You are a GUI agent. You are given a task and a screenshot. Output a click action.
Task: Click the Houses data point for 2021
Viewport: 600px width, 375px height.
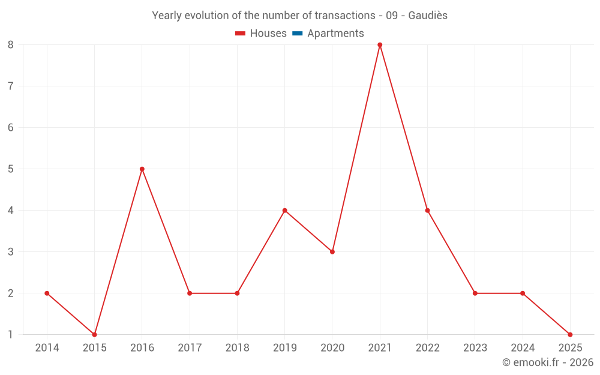pos(380,45)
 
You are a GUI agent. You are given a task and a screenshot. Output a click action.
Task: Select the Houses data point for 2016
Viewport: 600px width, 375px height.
pos(142,169)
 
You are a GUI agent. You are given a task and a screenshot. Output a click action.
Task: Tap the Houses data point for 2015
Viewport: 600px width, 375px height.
pos(94,334)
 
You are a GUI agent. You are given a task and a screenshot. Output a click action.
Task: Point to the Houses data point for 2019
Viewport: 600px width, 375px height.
pos(285,211)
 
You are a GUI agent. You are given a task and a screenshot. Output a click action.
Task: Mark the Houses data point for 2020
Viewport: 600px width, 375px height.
pos(332,252)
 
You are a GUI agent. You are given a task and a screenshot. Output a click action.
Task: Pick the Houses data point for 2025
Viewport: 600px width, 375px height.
pos(570,334)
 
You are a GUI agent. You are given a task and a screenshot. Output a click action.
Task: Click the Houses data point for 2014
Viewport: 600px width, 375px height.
pos(47,293)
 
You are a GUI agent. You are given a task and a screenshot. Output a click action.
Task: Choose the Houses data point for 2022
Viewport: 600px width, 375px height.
pos(427,211)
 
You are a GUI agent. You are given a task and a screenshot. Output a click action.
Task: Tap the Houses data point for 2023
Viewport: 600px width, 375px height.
pos(475,293)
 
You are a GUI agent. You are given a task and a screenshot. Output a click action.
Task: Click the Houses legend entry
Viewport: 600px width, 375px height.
pos(261,34)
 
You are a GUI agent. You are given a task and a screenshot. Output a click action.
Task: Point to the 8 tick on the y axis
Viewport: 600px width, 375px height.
pos(11,45)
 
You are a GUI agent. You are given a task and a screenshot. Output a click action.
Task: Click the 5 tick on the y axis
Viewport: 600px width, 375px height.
pos(11,169)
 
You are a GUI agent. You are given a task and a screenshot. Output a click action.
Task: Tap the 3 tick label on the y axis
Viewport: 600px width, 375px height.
pos(11,252)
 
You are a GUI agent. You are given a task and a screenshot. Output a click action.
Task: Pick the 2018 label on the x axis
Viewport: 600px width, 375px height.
pos(237,348)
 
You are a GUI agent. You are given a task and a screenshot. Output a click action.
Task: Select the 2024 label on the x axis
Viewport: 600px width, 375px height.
pos(523,348)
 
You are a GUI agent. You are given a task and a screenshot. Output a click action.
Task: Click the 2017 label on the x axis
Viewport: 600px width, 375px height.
pos(190,348)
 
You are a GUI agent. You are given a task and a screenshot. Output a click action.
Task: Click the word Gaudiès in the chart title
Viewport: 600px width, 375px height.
pos(428,16)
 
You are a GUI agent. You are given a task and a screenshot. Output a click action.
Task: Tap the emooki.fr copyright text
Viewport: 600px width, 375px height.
pos(548,362)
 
